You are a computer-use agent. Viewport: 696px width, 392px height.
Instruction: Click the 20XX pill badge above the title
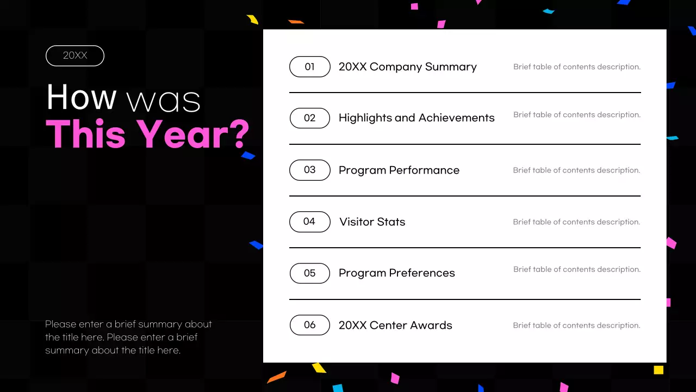pyautogui.click(x=75, y=56)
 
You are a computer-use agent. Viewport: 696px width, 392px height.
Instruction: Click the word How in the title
pyautogui.click(x=82, y=98)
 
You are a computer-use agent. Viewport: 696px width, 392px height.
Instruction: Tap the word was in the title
pyautogui.click(x=164, y=101)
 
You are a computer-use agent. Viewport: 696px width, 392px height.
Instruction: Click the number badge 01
pyautogui.click(x=310, y=67)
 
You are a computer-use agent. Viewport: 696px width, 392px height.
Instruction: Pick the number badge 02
pyautogui.click(x=310, y=118)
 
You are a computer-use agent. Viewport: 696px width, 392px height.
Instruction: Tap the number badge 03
pyautogui.click(x=310, y=170)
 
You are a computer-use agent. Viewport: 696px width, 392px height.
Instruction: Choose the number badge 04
pyautogui.click(x=310, y=222)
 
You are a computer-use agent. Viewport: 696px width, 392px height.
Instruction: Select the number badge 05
pyautogui.click(x=310, y=273)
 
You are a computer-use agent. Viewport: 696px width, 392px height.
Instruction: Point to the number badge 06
pyautogui.click(x=310, y=325)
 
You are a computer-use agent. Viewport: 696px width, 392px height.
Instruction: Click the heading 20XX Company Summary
pyautogui.click(x=407, y=67)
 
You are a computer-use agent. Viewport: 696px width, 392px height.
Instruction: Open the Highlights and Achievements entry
pyautogui.click(x=417, y=118)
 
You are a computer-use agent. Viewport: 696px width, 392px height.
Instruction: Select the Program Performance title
pyautogui.click(x=399, y=170)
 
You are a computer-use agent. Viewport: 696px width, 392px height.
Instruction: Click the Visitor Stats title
pyautogui.click(x=372, y=222)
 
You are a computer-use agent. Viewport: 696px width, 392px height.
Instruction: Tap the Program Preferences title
pyautogui.click(x=396, y=273)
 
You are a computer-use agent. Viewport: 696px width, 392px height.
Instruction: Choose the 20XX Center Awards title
pyautogui.click(x=395, y=326)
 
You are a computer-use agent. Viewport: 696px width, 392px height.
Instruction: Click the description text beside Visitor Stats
pyautogui.click(x=576, y=222)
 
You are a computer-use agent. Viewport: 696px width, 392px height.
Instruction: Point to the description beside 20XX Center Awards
pyautogui.click(x=576, y=326)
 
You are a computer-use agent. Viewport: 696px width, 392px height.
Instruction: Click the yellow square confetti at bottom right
pyautogui.click(x=658, y=370)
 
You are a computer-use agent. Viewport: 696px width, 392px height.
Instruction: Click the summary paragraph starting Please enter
pyautogui.click(x=128, y=337)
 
